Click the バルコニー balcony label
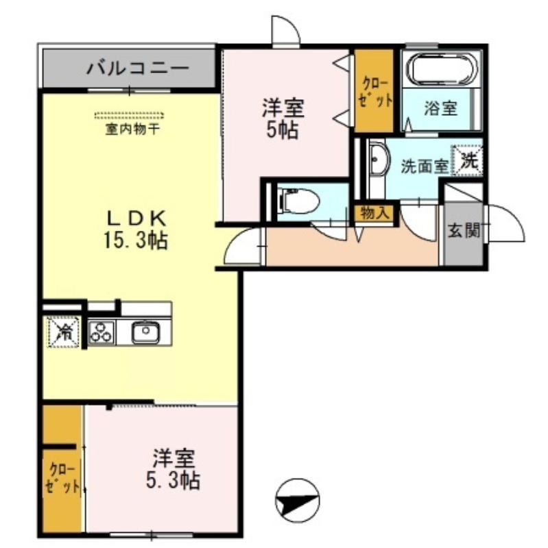(x=138, y=68)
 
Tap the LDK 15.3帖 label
(x=136, y=230)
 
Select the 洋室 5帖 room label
(x=283, y=119)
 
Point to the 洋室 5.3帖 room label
(x=174, y=469)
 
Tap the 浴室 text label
(x=440, y=108)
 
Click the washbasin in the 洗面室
(x=379, y=160)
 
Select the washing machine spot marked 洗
(x=467, y=160)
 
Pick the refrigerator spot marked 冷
(x=63, y=332)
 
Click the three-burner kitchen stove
(x=101, y=332)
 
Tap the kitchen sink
(x=146, y=333)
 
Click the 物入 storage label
(x=374, y=213)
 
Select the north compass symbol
(x=298, y=499)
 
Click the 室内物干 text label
(x=132, y=129)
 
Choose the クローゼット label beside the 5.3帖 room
(x=62, y=477)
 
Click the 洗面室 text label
(x=425, y=166)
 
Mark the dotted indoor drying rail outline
(x=129, y=115)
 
